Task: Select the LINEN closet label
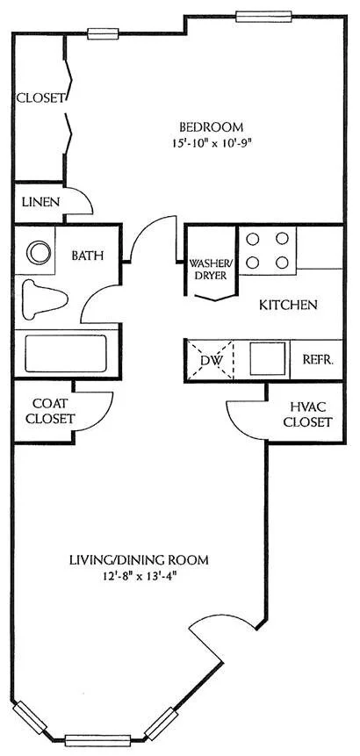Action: pos(39,202)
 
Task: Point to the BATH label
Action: pos(88,256)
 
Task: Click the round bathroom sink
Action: pos(38,253)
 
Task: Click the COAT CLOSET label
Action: pos(49,411)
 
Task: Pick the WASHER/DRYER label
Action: pos(211,269)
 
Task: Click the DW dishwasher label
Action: pos(211,359)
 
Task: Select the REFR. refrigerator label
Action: pos(317,359)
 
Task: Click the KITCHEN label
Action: pos(287,306)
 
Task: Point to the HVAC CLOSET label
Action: pos(310,414)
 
